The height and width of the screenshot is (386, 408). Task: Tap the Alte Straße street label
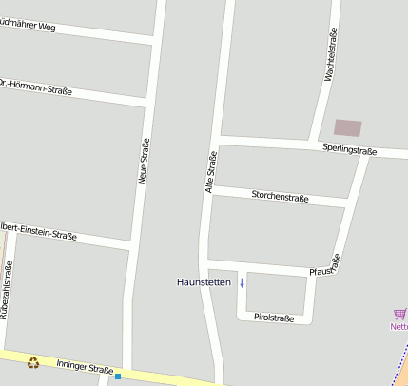pos(211,172)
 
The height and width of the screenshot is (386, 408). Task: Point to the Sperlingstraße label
pos(350,150)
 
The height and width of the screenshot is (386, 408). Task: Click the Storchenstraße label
pos(280,197)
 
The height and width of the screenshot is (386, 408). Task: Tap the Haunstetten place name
pos(204,282)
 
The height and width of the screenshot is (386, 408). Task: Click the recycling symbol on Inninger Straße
pos(34,361)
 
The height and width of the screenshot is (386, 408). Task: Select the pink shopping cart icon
pos(400,314)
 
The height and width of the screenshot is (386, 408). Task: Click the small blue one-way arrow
pos(242,281)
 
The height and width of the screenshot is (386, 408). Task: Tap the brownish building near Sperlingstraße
pos(348,127)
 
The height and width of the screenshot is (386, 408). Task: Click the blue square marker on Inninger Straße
pos(118,376)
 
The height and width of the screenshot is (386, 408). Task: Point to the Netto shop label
pos(399,326)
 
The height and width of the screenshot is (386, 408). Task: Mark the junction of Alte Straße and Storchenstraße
pos(208,191)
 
